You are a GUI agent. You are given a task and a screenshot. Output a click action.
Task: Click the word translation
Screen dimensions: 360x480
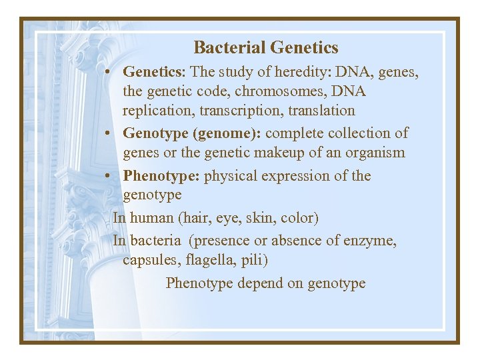click(x=316, y=111)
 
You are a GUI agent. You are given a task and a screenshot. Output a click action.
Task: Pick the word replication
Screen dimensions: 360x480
click(x=155, y=111)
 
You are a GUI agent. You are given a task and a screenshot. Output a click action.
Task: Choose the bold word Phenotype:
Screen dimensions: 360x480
click(x=161, y=176)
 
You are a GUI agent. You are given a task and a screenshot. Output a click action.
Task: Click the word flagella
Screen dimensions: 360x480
click(x=210, y=260)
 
